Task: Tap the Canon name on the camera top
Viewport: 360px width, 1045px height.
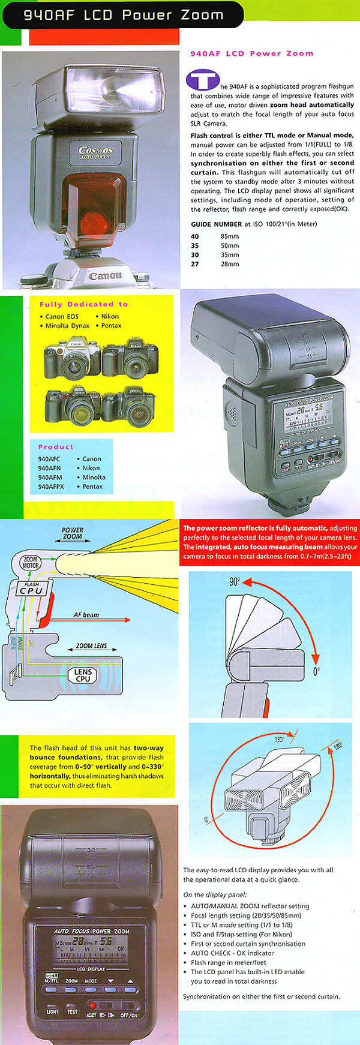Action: pyautogui.click(x=105, y=276)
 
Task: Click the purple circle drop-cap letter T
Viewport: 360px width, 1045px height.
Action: pyautogui.click(x=203, y=81)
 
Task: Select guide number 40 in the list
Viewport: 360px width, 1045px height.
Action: pyautogui.click(x=195, y=236)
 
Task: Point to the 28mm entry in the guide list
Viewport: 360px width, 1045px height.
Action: pyautogui.click(x=229, y=264)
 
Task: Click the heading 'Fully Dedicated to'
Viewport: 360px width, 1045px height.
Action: pyautogui.click(x=83, y=304)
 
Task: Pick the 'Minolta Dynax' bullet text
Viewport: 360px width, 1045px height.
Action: pyautogui.click(x=67, y=326)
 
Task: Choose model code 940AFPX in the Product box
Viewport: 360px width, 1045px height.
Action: pyautogui.click(x=50, y=487)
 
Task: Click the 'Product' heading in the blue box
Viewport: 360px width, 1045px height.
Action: pyautogui.click(x=56, y=447)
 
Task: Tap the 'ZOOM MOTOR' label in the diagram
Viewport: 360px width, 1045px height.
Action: pyautogui.click(x=31, y=562)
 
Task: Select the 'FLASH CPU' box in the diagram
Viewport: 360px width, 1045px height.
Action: pyautogui.click(x=32, y=588)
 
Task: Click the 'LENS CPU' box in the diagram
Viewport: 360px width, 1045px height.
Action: pyautogui.click(x=83, y=675)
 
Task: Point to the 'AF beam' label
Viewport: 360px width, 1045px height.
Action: pyautogui.click(x=86, y=615)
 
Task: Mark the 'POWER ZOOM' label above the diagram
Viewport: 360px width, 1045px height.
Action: pyautogui.click(x=73, y=533)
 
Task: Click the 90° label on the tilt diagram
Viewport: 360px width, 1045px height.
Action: pyautogui.click(x=234, y=582)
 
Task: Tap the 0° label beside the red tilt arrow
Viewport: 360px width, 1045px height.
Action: pyautogui.click(x=316, y=671)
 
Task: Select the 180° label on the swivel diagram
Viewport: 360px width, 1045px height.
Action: pyautogui.click(x=337, y=746)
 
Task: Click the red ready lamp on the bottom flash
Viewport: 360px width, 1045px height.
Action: pyautogui.click(x=92, y=1004)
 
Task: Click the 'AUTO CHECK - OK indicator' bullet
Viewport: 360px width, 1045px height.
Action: pyautogui.click(x=232, y=953)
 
